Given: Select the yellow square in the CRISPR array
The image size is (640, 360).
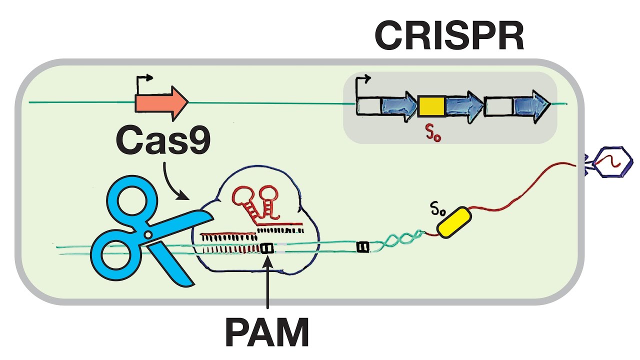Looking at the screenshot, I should tap(431, 105).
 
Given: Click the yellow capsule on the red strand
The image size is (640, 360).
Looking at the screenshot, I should tap(453, 222).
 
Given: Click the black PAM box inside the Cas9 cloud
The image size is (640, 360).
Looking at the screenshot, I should tap(267, 247).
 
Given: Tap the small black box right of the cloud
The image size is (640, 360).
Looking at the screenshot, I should tap(362, 246).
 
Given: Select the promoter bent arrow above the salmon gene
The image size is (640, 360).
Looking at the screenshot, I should tap(143, 82).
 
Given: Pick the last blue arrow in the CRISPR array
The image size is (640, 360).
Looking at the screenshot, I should tap(530, 105).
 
